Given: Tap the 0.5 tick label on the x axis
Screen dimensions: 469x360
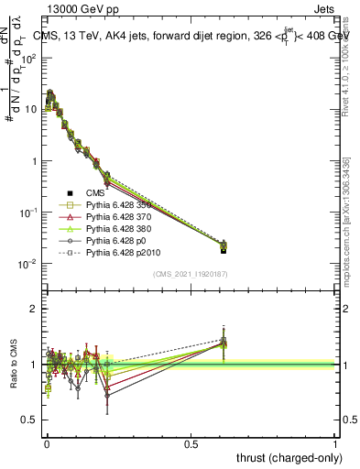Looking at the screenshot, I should (x=191, y=443).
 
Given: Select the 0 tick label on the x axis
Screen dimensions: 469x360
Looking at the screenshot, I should (x=47, y=443).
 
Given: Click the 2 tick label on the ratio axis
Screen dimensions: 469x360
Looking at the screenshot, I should (x=35, y=309).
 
